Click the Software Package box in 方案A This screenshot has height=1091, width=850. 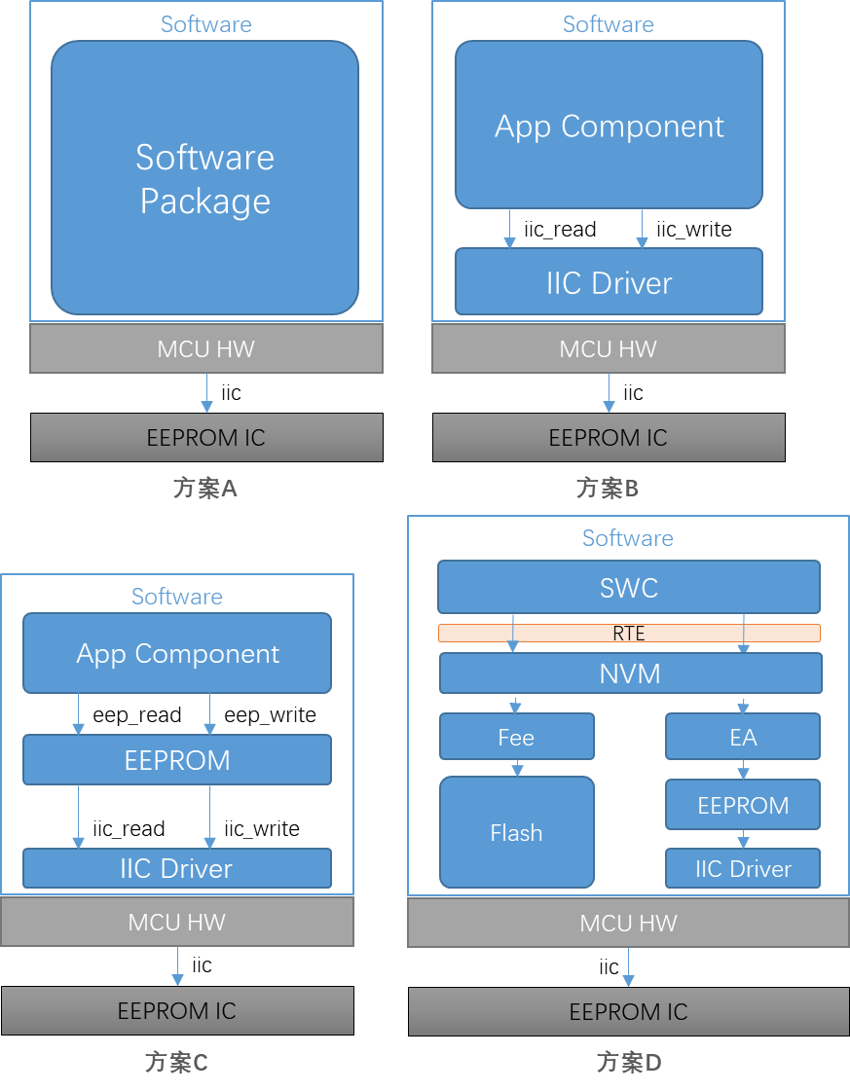click(x=204, y=177)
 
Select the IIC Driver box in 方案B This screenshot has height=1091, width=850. click(x=609, y=282)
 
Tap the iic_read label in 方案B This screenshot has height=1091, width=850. click(x=560, y=229)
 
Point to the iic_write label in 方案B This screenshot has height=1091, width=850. click(x=693, y=229)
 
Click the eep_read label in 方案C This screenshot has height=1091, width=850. click(x=137, y=714)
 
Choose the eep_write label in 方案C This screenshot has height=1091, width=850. click(x=270, y=714)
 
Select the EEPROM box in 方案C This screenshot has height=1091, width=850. click(x=177, y=760)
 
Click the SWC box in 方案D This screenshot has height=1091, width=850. click(x=629, y=587)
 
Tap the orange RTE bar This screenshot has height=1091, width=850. click(x=629, y=634)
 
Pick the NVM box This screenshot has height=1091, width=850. click(x=631, y=673)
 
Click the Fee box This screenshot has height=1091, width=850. click(x=517, y=736)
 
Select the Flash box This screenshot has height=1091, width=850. click(x=517, y=832)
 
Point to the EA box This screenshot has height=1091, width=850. click(x=743, y=736)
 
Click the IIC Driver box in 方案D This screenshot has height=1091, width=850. click(x=743, y=868)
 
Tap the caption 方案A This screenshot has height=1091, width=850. click(x=205, y=488)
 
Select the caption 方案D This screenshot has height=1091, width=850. click(x=629, y=1062)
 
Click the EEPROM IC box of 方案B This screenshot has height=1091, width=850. click(x=609, y=438)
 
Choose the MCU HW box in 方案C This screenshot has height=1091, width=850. click(x=177, y=922)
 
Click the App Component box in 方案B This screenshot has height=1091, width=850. click(x=609, y=125)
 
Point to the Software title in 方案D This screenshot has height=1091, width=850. click(x=628, y=538)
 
